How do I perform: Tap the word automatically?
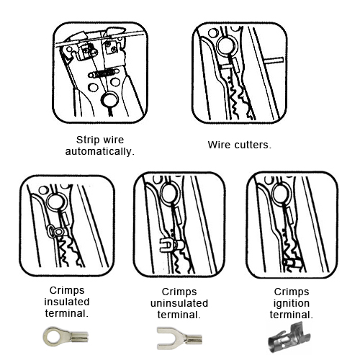pyautogui.click(x=100, y=152)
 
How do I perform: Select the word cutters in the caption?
pyautogui.click(x=253, y=145)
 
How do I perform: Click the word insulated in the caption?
pyautogui.click(x=67, y=302)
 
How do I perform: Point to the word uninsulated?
pyautogui.click(x=179, y=303)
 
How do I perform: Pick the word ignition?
pyautogui.click(x=292, y=304)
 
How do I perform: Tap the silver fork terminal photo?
pyautogui.click(x=179, y=338)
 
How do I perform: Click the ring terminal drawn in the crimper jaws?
pyautogui.click(x=56, y=232)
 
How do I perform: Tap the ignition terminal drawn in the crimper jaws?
pyautogui.click(x=292, y=261)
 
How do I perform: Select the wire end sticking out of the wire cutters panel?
pyautogui.click(x=274, y=60)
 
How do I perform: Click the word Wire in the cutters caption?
pyautogui.click(x=219, y=145)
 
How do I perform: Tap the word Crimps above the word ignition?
pyautogui.click(x=292, y=292)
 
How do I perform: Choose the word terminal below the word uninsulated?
pyautogui.click(x=179, y=315)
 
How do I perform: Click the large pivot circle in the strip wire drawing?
pyautogui.click(x=109, y=100)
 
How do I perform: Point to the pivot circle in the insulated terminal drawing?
pyautogui.click(x=57, y=202)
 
